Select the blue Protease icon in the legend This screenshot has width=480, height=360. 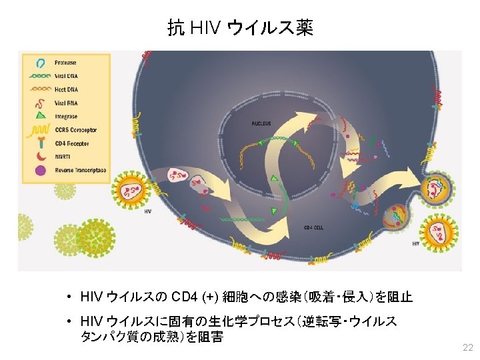pos(41,63)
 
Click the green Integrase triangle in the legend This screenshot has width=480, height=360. pos(41,116)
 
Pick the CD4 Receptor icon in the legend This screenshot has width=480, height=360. pos(41,143)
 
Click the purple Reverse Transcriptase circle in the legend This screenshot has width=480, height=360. pos(41,171)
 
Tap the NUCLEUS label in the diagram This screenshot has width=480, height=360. pos(261,123)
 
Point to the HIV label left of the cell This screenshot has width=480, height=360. pos(148,211)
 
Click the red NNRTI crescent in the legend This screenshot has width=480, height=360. pos(41,157)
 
